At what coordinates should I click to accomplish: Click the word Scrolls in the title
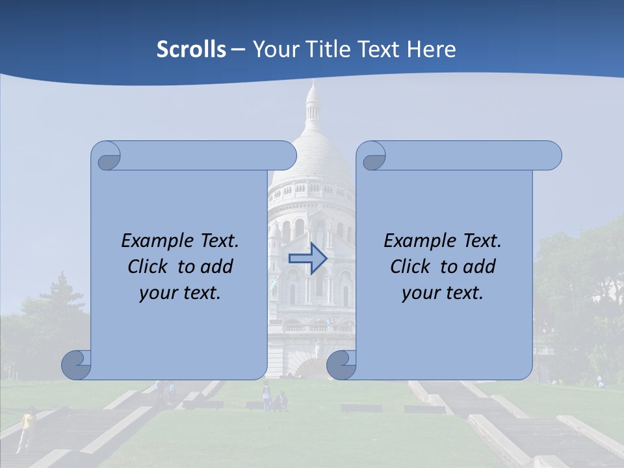pos(191,49)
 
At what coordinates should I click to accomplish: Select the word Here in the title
pos(432,49)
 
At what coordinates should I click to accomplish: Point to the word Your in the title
pos(272,49)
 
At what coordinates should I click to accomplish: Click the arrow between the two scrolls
pos(307,259)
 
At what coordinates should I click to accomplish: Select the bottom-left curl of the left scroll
pos(76,365)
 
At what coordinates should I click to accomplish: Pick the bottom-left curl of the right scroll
pos(341,365)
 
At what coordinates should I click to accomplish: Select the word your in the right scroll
pos(420,293)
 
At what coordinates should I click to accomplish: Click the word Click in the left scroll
pos(147,267)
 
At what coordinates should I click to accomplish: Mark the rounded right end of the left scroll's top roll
pos(286,155)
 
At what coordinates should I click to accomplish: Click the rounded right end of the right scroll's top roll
pos(551,155)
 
